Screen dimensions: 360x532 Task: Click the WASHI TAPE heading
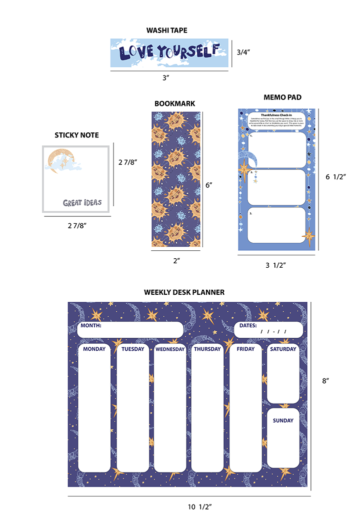[x=167, y=30]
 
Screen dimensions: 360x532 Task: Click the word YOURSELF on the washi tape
[x=188, y=51]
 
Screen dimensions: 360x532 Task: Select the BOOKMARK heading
[x=174, y=103]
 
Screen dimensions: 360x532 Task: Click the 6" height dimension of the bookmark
[x=208, y=184]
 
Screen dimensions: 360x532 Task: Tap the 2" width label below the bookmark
[x=176, y=260]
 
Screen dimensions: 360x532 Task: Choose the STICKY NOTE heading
[x=76, y=135]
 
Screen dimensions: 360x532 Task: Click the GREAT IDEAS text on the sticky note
[x=82, y=203]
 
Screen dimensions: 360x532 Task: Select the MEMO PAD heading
[x=282, y=97]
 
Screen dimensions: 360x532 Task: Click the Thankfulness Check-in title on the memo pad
[x=276, y=115]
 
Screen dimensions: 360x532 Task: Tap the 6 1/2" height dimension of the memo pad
[x=335, y=176]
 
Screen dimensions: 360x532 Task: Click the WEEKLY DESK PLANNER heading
[x=184, y=292]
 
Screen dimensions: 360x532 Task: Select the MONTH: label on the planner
[x=90, y=326]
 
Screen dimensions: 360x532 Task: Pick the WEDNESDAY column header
[x=170, y=349]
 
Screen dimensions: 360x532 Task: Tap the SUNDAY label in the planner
[x=283, y=421]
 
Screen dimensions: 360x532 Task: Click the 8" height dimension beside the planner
[x=326, y=381]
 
